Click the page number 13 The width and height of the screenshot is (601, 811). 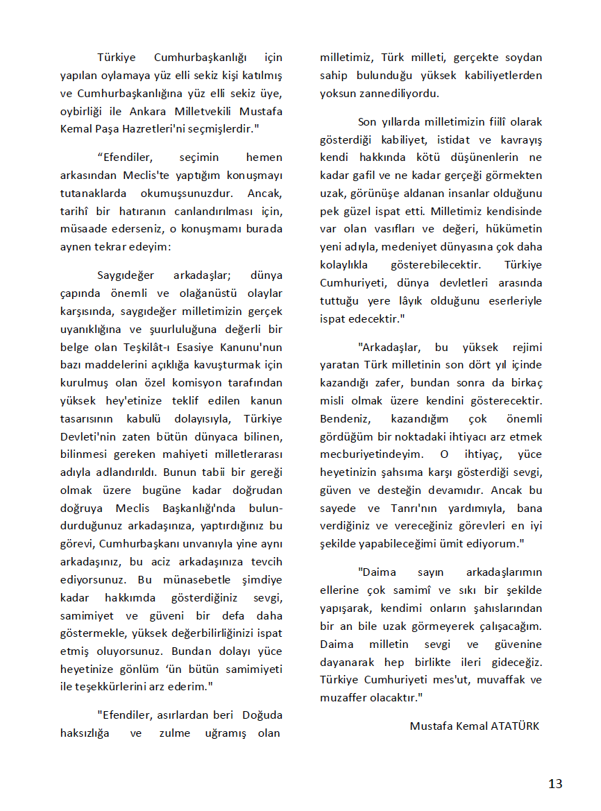(x=555, y=784)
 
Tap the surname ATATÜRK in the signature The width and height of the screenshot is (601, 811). (x=514, y=726)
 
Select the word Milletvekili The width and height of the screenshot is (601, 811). (x=202, y=111)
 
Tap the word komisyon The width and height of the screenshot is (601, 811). (x=171, y=383)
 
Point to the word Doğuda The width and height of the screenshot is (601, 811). (x=262, y=715)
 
